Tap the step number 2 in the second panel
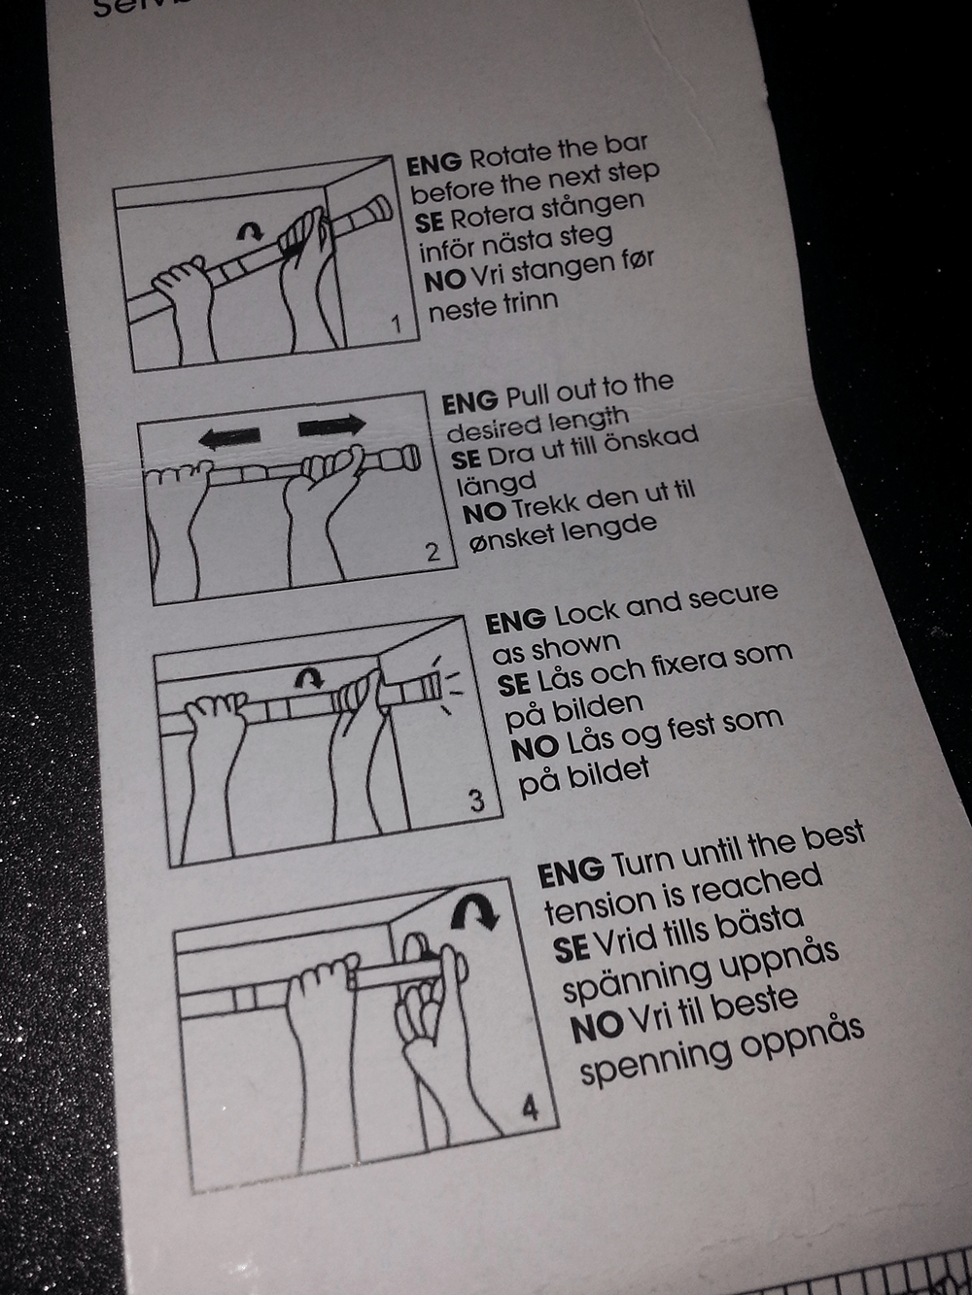coord(434,553)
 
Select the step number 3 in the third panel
coord(476,800)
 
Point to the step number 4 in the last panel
coord(530,1107)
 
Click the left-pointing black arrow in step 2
coord(229,436)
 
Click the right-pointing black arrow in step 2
coord(331,426)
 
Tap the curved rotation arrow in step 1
coord(251,230)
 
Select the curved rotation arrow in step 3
coord(309,676)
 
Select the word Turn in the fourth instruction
coord(643,864)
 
